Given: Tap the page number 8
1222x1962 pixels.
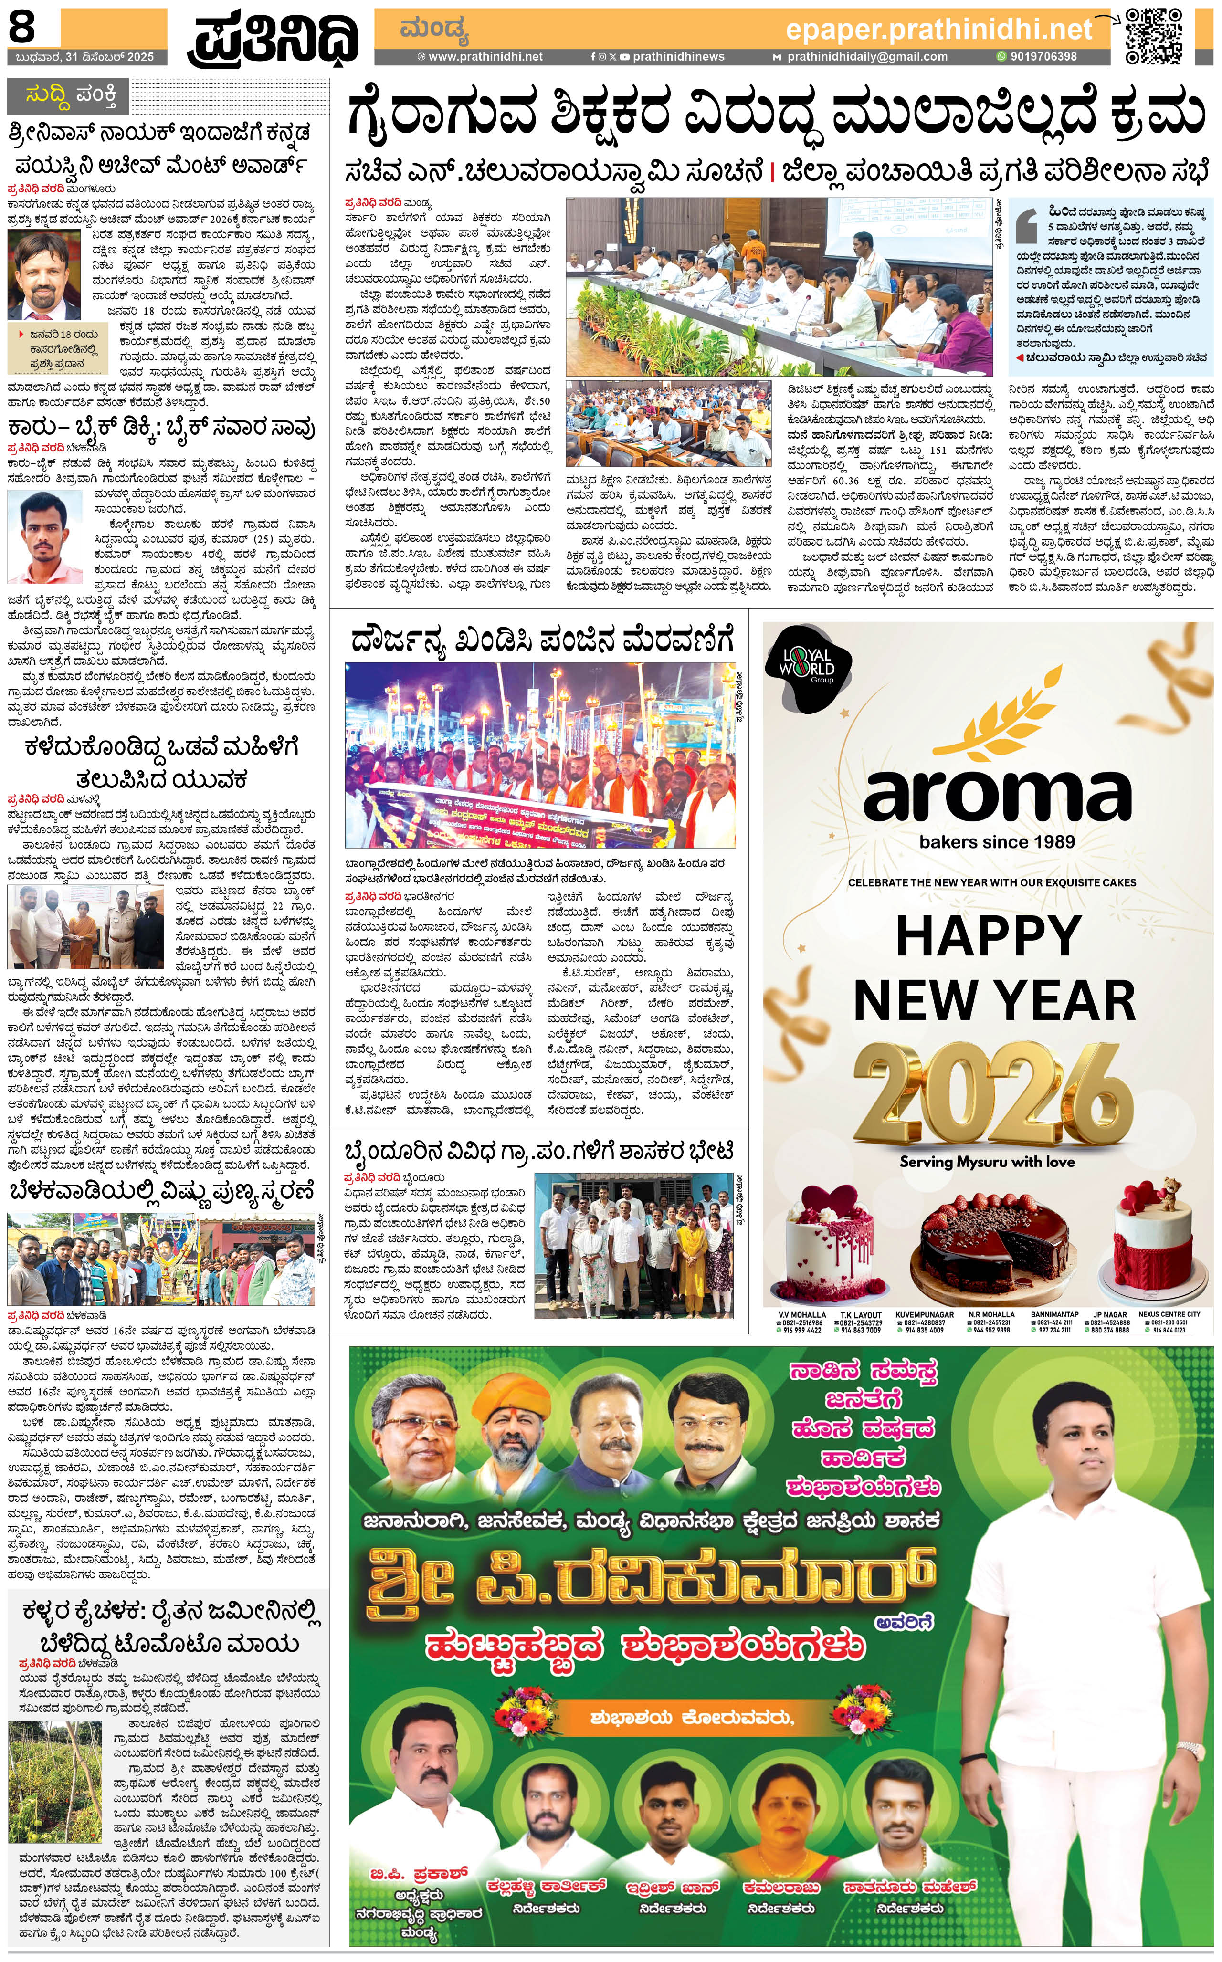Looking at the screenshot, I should point(22,28).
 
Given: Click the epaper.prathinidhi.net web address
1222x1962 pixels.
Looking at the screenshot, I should point(938,30).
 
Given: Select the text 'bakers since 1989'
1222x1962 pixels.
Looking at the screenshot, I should point(997,842).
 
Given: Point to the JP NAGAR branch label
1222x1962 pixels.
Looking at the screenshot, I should point(1110,1315).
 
